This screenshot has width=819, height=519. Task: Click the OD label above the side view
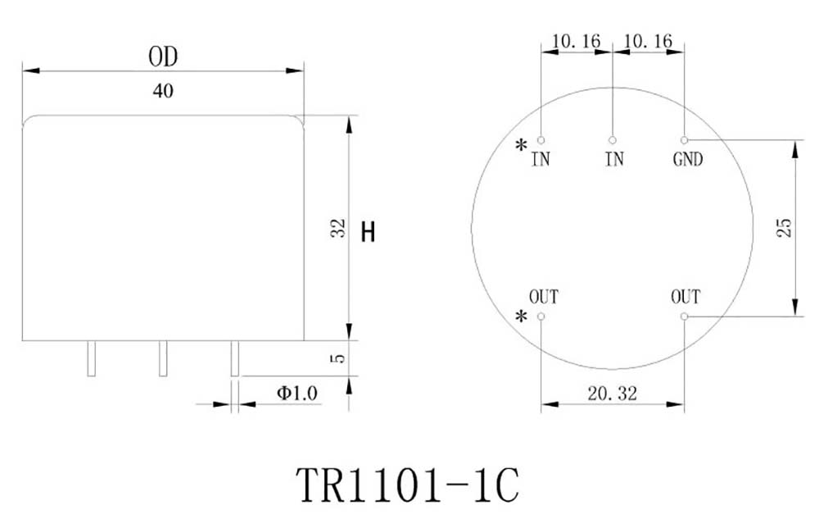point(163,57)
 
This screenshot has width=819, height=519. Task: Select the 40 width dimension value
point(163,92)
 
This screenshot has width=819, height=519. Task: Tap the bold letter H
point(369,233)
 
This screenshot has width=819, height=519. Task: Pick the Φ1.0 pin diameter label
point(296,394)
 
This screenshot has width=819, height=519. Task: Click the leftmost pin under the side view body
point(92,358)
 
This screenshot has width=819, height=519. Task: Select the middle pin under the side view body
point(163,358)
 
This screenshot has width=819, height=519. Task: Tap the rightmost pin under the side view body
point(234,358)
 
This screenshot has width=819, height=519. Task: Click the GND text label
point(687,160)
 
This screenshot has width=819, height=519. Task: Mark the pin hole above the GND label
point(684,140)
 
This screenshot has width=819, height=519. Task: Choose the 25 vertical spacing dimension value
point(784,228)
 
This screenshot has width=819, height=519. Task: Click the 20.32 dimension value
point(612,394)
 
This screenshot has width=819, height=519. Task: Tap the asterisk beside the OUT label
point(521,317)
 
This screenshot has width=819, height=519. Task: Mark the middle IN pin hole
point(613,140)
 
